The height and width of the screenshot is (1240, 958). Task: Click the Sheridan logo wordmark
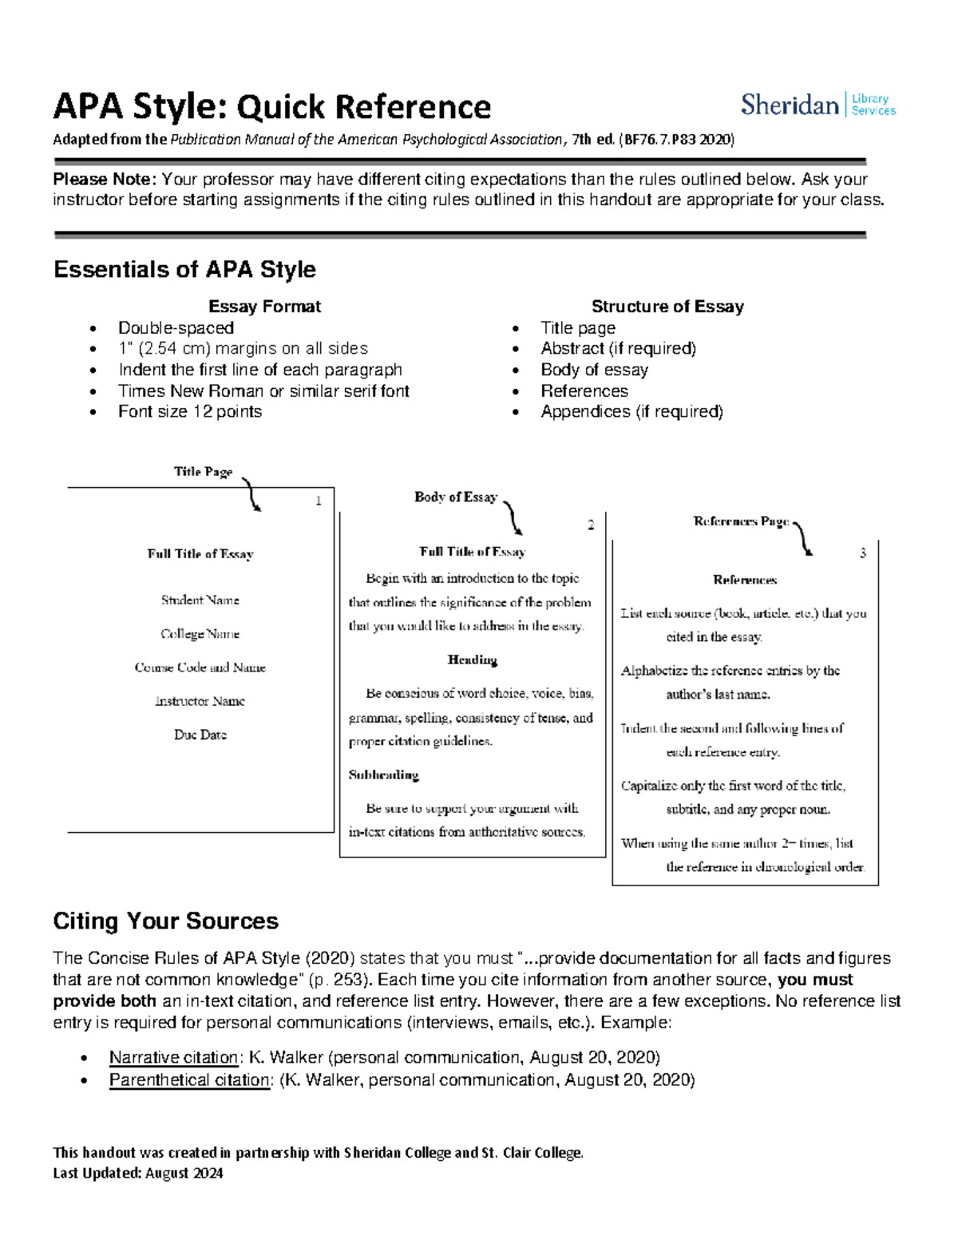pyautogui.click(x=789, y=105)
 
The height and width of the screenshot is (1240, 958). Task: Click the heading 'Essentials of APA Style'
pyautogui.click(x=184, y=270)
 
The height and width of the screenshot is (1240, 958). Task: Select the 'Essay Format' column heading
pyautogui.click(x=264, y=307)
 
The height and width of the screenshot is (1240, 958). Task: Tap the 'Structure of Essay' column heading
pyautogui.click(x=667, y=307)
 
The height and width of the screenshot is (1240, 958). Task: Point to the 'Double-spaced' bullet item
pyautogui.click(x=176, y=328)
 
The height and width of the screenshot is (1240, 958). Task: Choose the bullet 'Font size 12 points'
pyautogui.click(x=190, y=412)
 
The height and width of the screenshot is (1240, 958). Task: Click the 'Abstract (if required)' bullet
pyautogui.click(x=618, y=349)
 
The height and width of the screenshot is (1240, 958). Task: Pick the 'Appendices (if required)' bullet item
pyautogui.click(x=631, y=412)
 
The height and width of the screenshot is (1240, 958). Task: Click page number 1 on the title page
pyautogui.click(x=319, y=501)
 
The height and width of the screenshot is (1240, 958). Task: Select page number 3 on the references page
pyautogui.click(x=862, y=553)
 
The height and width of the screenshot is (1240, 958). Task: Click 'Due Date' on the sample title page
pyautogui.click(x=200, y=735)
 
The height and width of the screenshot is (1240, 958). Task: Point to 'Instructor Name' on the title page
pyautogui.click(x=200, y=701)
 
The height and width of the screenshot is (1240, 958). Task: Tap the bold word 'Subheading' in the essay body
pyautogui.click(x=383, y=775)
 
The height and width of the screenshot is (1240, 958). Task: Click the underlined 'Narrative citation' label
pyautogui.click(x=174, y=1058)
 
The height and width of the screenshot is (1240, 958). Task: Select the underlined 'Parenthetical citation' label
pyautogui.click(x=190, y=1080)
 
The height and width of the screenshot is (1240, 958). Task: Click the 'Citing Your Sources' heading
pyautogui.click(x=165, y=921)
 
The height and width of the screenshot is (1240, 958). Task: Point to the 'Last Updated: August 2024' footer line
pyautogui.click(x=138, y=1173)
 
